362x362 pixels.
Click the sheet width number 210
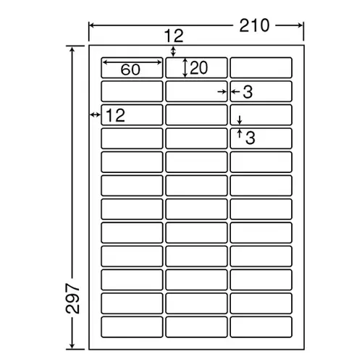pos(254,25)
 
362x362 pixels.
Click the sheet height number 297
pos(72,298)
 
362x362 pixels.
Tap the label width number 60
pos(130,70)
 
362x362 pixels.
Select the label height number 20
pos(198,68)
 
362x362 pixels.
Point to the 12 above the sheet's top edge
pos(174,36)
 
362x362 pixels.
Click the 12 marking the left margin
pos(115,115)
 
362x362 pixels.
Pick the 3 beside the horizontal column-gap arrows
pos(248,92)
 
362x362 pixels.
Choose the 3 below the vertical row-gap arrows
pos(251,138)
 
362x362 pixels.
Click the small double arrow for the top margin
pos(173,51)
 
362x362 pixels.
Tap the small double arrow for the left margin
pos(95,114)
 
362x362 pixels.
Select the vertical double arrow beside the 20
pos(185,67)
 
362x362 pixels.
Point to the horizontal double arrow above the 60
pos(132,62)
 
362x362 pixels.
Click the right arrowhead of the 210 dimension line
pos(300,25)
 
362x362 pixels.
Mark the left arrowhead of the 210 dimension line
pos(92,25)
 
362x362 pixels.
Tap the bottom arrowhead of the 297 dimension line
pos(72,346)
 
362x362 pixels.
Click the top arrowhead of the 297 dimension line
pos(72,49)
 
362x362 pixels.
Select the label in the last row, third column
pos(261,327)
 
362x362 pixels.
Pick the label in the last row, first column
pos(132,327)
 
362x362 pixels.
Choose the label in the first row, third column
pos(261,67)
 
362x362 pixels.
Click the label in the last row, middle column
pos(196,327)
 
